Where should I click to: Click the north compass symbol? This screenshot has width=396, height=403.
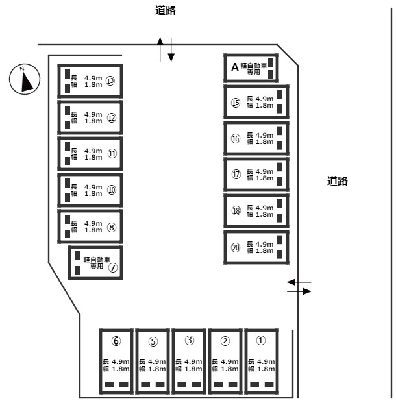25,80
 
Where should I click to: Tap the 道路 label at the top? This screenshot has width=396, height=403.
166,10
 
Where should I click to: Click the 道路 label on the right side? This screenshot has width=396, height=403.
338,182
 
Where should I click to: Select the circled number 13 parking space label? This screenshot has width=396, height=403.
111,81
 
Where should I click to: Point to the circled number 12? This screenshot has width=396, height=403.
112,117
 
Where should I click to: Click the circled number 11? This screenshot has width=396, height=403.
112,154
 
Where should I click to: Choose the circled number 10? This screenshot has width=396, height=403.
112,190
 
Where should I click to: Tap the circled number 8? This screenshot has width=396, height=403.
112,227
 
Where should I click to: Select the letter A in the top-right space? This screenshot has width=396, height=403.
234,67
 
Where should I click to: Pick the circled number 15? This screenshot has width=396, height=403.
235,103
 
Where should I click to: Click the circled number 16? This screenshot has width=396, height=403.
235,139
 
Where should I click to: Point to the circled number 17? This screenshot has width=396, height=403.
235,175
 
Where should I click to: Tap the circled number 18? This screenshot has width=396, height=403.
235,211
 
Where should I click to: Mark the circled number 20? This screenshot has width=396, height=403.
235,247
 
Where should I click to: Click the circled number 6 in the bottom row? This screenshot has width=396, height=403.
116,341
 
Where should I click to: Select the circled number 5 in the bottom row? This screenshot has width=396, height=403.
153,341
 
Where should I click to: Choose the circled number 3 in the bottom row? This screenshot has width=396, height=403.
189,341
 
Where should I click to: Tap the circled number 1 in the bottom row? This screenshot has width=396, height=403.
261,340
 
